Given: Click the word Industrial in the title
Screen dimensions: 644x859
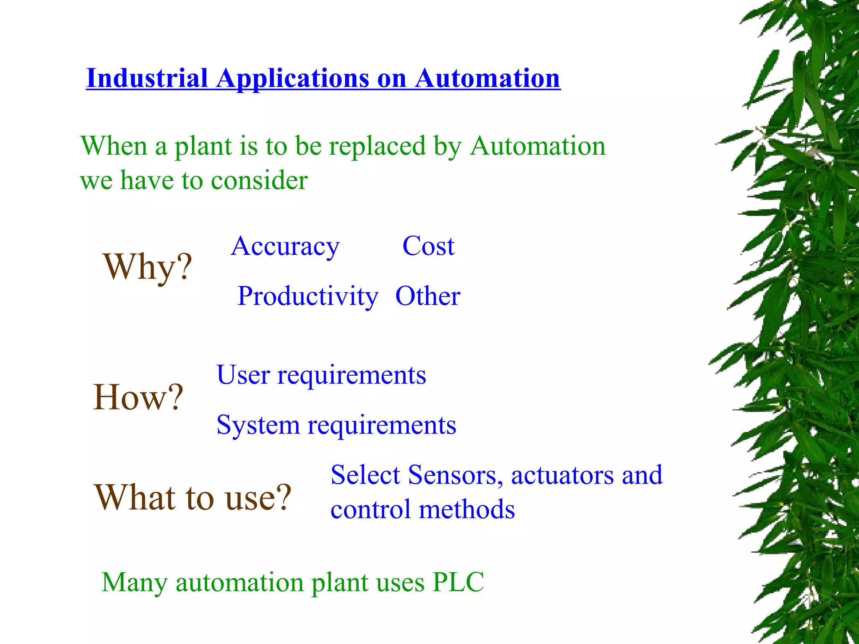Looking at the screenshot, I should point(147,78).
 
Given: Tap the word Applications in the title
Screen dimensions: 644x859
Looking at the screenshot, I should point(292,78).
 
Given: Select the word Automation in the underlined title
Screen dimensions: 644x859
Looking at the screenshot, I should point(487,78).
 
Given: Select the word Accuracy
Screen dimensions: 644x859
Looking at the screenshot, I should point(285,246).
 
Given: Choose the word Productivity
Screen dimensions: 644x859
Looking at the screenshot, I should point(308,296).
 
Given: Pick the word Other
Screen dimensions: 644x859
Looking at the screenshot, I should point(428,296).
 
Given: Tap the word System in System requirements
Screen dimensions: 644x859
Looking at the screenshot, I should point(258,425).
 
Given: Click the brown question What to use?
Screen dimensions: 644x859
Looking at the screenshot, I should point(193,497).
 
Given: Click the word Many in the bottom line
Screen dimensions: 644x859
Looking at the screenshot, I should point(135,583).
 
